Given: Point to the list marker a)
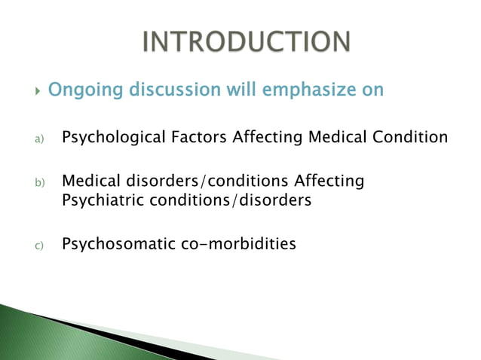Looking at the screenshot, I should coord(39,139).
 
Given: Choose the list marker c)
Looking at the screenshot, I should coord(39,245).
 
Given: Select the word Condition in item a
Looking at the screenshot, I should coord(412,138).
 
